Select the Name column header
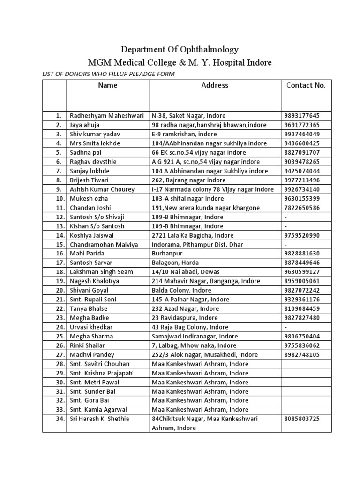[107, 85]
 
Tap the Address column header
[215, 85]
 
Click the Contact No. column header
[306, 85]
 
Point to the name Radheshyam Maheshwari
[107, 115]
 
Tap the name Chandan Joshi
[89, 208]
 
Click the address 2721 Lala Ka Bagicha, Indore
[192, 235]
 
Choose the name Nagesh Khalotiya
[95, 281]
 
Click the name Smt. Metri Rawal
[93, 382]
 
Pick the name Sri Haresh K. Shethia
[99, 419]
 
